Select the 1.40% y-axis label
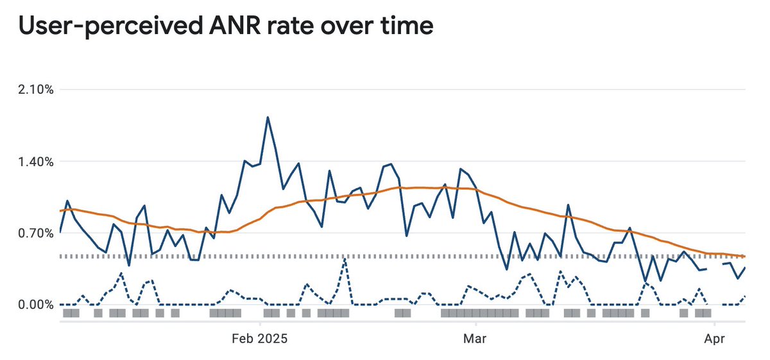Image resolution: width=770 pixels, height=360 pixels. click(36, 161)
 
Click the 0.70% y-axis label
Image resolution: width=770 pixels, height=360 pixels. click(36, 233)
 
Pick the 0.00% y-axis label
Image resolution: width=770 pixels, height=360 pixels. click(36, 305)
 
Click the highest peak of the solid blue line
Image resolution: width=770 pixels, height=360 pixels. click(268, 117)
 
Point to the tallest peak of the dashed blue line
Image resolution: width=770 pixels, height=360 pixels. click(345, 259)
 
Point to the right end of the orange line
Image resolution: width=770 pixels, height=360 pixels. click(744, 256)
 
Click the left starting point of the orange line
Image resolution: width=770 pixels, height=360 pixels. click(60, 210)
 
